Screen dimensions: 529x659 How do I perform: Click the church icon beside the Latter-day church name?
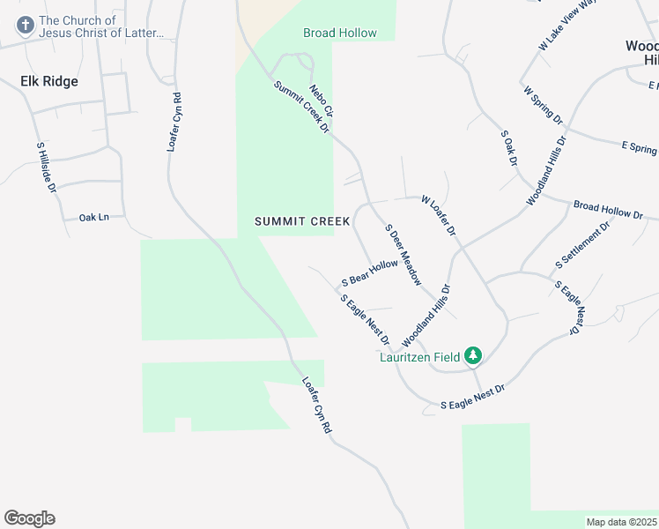click(25, 26)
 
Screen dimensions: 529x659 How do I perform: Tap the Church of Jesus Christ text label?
click(101, 26)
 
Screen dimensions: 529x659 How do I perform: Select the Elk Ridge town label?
click(49, 81)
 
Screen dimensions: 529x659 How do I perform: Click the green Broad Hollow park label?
click(340, 34)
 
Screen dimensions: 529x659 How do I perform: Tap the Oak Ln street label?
click(93, 217)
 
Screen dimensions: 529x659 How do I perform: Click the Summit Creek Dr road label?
click(300, 108)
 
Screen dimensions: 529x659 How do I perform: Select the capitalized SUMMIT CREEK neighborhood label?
click(302, 221)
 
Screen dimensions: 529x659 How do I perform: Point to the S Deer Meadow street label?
click(404, 254)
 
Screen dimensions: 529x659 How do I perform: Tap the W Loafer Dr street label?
click(439, 215)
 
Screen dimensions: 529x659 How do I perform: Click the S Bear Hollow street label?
click(369, 272)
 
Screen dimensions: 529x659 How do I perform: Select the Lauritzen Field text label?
click(419, 357)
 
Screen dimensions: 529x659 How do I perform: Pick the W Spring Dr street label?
click(543, 105)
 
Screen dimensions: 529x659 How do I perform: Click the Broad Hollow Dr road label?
click(609, 210)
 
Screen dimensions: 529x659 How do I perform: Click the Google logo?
click(29, 518)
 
